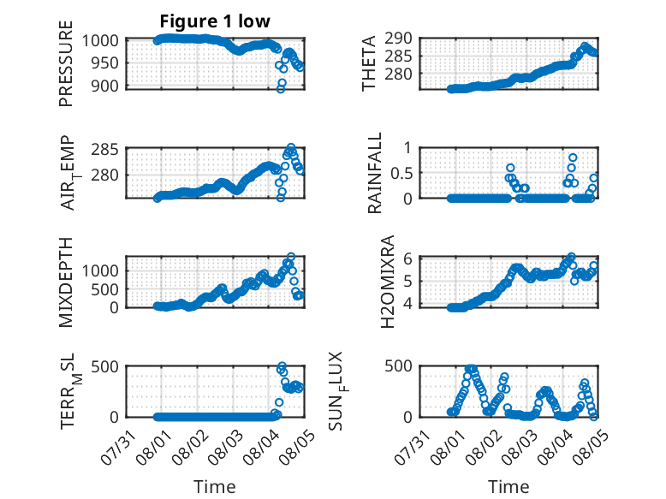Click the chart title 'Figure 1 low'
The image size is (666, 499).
click(215, 21)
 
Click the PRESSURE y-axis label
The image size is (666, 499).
click(66, 63)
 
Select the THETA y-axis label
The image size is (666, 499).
click(369, 63)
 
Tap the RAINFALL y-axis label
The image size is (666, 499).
click(375, 172)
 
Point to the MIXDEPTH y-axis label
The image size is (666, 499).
click(66, 282)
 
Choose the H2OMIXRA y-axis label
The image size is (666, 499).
click(388, 282)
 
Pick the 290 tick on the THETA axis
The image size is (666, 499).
click(398, 39)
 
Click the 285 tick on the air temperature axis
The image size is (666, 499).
click(105, 150)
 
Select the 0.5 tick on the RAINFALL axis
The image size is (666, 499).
click(401, 173)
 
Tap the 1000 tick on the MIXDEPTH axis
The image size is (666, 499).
click(100, 270)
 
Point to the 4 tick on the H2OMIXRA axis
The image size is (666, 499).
click(407, 304)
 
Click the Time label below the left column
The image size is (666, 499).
click(215, 487)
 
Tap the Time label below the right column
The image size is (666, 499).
click(508, 487)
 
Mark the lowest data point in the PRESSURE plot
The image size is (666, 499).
click(280, 89)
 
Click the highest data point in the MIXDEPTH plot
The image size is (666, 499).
click(291, 257)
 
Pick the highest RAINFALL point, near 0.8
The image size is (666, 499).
click(573, 157)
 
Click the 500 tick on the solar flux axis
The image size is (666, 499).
click(398, 366)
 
